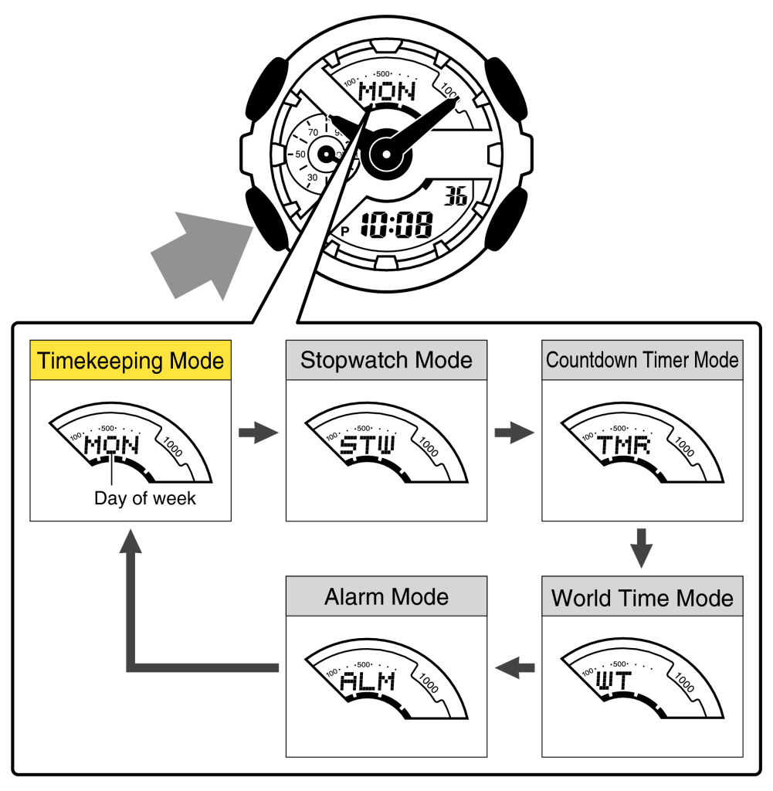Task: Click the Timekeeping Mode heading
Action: coord(131,360)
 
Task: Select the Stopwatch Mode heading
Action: coord(386,360)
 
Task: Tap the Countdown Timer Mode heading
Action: coord(642,360)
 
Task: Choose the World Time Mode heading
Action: coord(642,598)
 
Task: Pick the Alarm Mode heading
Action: coord(386,596)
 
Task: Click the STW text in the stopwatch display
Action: coord(368,446)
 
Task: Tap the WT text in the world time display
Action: coord(615,681)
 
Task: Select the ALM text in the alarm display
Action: coord(368,681)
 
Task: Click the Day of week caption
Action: coord(145,498)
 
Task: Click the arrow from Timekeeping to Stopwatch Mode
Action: coord(258,433)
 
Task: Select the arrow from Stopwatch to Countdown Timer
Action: coord(514,433)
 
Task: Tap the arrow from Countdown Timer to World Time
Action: coord(642,547)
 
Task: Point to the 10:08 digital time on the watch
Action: coord(397,226)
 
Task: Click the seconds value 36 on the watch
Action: coord(456,197)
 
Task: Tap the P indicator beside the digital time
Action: coord(344,231)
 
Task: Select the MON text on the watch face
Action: coord(388,92)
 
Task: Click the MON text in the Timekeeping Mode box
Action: coord(111,446)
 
